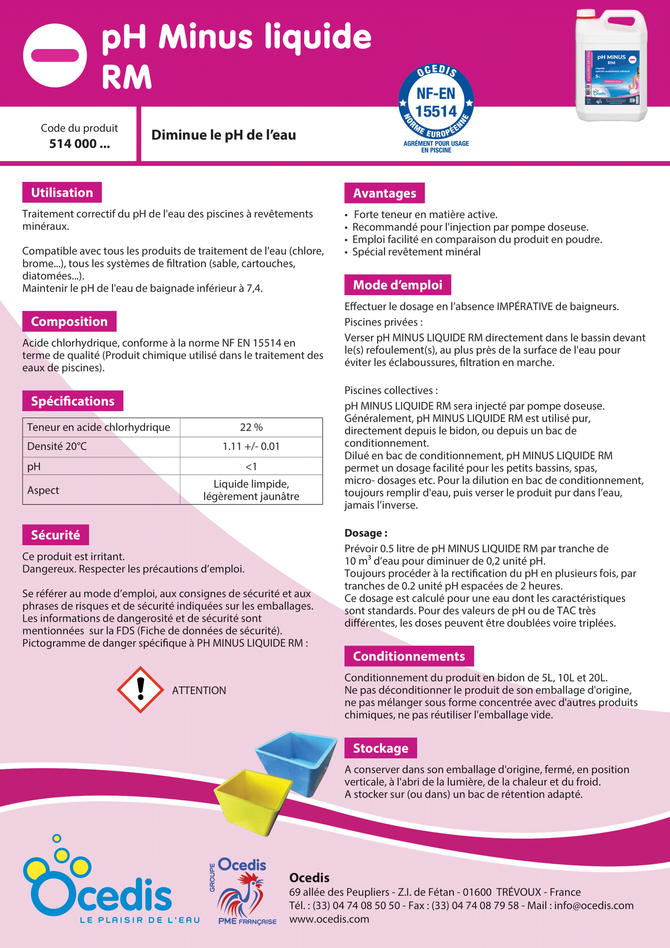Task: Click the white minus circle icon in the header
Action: pyautogui.click(x=55, y=55)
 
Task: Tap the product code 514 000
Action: pyautogui.click(x=79, y=144)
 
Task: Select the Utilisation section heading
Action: pyautogui.click(x=62, y=193)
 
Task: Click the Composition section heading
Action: pyautogui.click(x=69, y=322)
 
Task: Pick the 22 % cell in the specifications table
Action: pyautogui.click(x=251, y=427)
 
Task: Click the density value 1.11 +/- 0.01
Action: pyautogui.click(x=251, y=447)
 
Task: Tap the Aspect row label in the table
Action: pyautogui.click(x=43, y=490)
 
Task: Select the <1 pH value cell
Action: pyautogui.click(x=251, y=466)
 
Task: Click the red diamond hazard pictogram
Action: pyautogui.click(x=140, y=690)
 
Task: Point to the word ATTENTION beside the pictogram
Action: pyautogui.click(x=199, y=690)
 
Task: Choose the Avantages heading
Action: pyautogui.click(x=384, y=193)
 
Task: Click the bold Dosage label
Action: pyautogui.click(x=366, y=533)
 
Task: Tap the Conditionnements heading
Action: pyautogui.click(x=408, y=656)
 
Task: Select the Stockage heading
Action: pyautogui.click(x=381, y=748)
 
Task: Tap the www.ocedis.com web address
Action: pyautogui.click(x=329, y=919)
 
